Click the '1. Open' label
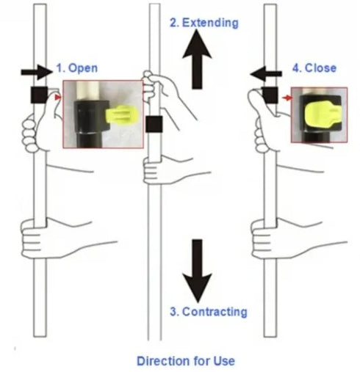(78, 68)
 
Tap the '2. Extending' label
(204, 23)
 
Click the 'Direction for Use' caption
(186, 360)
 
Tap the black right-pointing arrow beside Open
(39, 71)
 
